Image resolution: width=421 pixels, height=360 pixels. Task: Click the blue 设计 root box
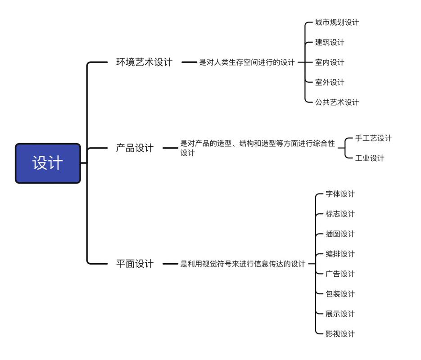click(x=48, y=163)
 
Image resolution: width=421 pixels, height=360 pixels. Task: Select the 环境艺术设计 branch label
click(x=144, y=62)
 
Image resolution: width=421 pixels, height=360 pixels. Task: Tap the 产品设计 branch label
click(x=135, y=148)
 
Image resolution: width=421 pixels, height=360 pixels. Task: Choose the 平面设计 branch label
click(x=135, y=264)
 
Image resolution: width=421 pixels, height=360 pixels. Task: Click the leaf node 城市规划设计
click(x=337, y=22)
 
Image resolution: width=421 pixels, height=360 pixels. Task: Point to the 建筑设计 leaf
click(x=330, y=42)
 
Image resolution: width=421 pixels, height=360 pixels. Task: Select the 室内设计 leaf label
click(x=330, y=62)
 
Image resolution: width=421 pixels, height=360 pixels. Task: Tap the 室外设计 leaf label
click(x=330, y=82)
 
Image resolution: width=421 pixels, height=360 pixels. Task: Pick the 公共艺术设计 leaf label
click(x=337, y=102)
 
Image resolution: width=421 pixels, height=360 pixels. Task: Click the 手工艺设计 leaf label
click(x=373, y=138)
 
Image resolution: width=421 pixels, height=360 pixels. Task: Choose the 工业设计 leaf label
click(x=370, y=158)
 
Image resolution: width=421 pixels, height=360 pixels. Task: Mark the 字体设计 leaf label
click(x=340, y=194)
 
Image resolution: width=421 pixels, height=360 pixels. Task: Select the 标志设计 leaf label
click(x=340, y=214)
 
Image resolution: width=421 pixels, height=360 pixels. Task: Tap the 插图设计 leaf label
click(x=340, y=234)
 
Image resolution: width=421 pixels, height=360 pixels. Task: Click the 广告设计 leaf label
click(x=340, y=274)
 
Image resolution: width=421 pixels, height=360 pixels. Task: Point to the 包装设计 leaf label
click(x=340, y=294)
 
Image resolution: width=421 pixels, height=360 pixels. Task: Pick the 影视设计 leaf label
click(x=340, y=334)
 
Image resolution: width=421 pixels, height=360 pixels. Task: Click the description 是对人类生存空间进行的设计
click(x=247, y=62)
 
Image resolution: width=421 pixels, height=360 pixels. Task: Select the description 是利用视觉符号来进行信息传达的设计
click(x=243, y=264)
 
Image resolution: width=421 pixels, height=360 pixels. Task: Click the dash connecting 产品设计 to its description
click(x=170, y=148)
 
